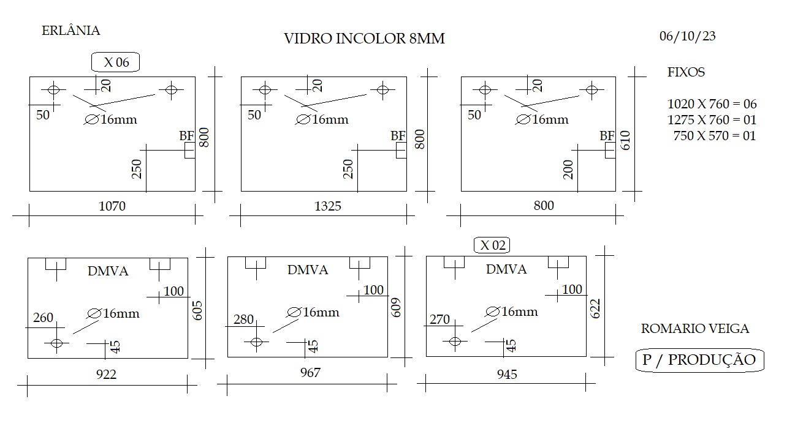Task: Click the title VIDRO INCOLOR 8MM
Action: [364, 39]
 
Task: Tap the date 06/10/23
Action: [688, 36]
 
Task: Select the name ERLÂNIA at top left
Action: [71, 31]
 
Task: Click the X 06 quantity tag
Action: [116, 62]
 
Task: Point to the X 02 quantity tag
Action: [492, 245]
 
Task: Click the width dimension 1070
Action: [112, 206]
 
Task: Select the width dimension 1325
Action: [327, 206]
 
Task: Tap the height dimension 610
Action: [625, 140]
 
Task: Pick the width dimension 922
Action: [106, 374]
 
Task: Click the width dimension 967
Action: [310, 373]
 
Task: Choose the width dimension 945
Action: [507, 374]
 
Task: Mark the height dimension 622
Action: [595, 308]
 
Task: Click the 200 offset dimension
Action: [568, 170]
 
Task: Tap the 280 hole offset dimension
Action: [243, 319]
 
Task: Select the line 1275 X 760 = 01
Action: [712, 120]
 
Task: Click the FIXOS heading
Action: [686, 72]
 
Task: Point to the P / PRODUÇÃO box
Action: [699, 360]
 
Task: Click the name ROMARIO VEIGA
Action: [695, 329]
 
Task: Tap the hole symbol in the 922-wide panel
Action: [57, 343]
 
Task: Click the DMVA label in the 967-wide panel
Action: [308, 270]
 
